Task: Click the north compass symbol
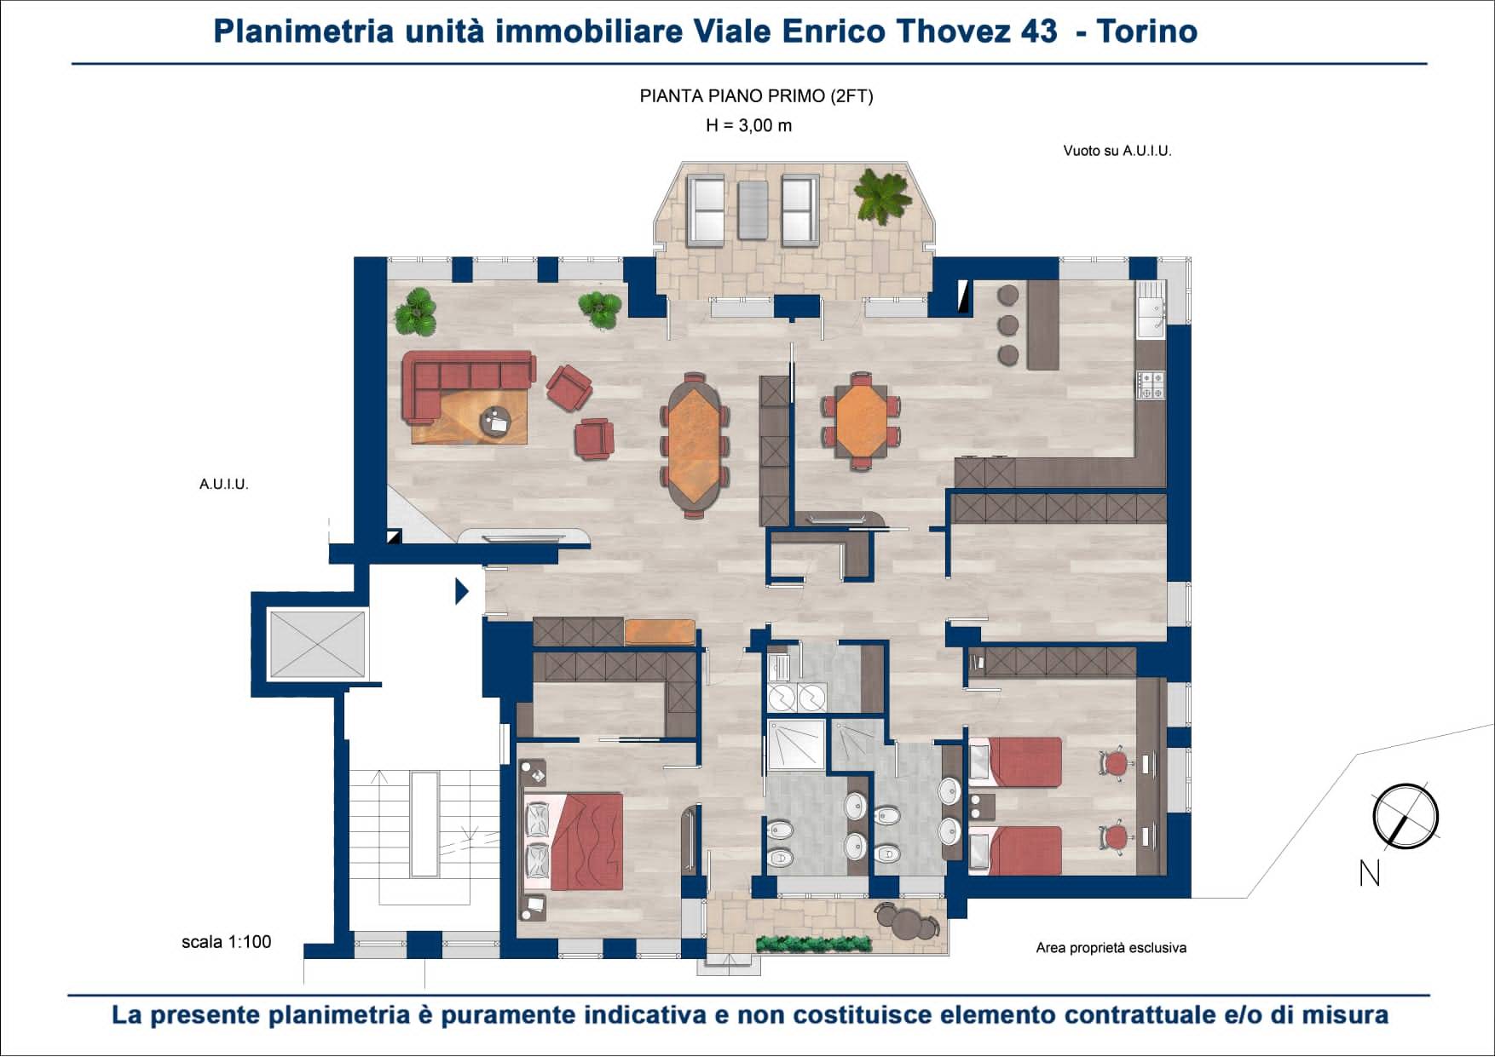click(x=1405, y=816)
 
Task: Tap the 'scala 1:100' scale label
click(x=227, y=942)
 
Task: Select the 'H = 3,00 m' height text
click(x=749, y=126)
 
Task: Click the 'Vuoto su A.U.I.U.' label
click(x=1117, y=151)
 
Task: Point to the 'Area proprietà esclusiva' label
click(x=1111, y=948)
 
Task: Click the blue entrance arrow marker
click(x=462, y=590)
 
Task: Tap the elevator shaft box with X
click(x=317, y=644)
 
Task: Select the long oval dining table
click(x=694, y=445)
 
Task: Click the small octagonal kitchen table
click(x=862, y=420)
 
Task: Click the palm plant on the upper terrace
click(x=883, y=194)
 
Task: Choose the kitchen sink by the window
click(x=1151, y=309)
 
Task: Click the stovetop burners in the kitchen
click(x=1151, y=385)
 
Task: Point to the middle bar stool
click(x=1008, y=325)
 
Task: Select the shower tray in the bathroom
click(x=796, y=744)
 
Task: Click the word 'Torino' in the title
click(x=1146, y=32)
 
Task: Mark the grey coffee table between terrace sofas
click(x=753, y=210)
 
